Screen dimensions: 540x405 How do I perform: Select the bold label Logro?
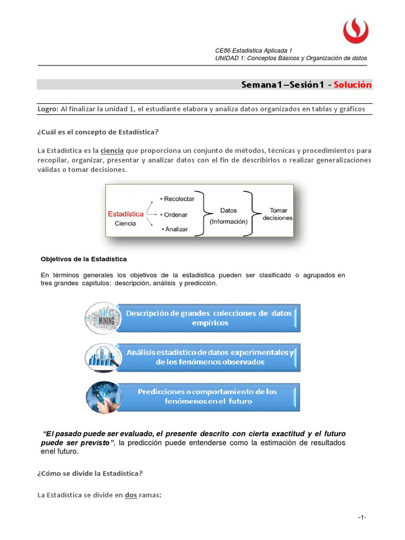[47, 109]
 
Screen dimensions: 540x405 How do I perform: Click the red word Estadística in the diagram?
[126, 214]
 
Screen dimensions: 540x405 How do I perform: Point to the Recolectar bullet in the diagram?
[177, 199]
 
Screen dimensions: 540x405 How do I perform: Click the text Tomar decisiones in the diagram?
[278, 214]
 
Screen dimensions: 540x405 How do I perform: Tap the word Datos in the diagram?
[228, 210]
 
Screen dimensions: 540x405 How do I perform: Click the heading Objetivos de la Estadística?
[84, 259]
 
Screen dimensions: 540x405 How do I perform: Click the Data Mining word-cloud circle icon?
[100, 317]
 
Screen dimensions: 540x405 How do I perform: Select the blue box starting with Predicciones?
[207, 397]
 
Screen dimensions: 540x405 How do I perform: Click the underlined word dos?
[131, 495]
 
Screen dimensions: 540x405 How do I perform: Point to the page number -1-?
[362, 517]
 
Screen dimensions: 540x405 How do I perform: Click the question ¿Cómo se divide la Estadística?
[90, 473]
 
